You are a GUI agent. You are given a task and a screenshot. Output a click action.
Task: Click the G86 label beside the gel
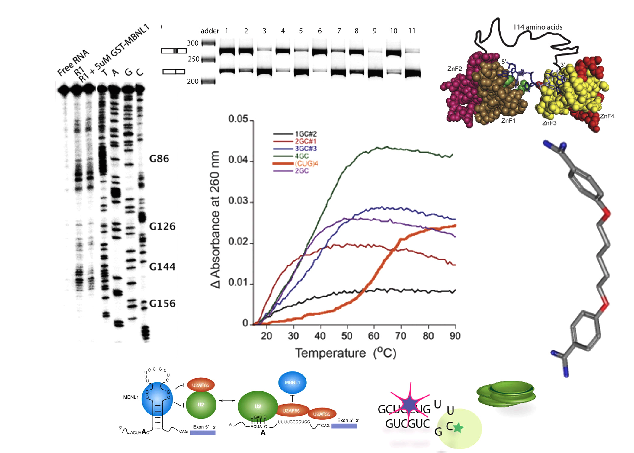(159, 159)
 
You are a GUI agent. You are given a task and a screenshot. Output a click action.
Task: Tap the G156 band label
(162, 304)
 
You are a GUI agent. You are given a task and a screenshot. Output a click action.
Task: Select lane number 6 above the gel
(319, 31)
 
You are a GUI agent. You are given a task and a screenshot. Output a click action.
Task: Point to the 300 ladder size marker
(193, 43)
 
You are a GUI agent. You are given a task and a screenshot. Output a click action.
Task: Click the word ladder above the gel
(209, 31)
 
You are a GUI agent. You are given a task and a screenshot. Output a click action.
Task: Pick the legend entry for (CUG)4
(306, 164)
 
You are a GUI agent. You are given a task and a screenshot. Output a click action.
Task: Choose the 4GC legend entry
(302, 156)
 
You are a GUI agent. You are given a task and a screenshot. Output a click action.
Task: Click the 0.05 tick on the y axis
(238, 119)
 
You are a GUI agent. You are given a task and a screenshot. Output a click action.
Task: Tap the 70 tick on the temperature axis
(401, 336)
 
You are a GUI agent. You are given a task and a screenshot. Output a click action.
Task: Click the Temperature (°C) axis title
(345, 353)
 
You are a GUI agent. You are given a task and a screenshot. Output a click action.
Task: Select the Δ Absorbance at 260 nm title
(215, 220)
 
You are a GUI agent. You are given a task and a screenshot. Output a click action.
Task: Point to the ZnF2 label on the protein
(454, 69)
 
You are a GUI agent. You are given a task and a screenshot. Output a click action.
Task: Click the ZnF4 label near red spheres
(607, 116)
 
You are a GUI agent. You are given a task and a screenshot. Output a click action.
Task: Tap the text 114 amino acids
(537, 27)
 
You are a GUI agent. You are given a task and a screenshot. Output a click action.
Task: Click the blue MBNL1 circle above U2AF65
(292, 382)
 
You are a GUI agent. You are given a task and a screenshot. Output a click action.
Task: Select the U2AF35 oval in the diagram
(322, 414)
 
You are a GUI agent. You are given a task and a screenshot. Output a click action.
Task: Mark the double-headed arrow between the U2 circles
(227, 400)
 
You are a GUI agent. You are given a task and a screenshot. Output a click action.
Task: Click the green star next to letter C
(458, 428)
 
